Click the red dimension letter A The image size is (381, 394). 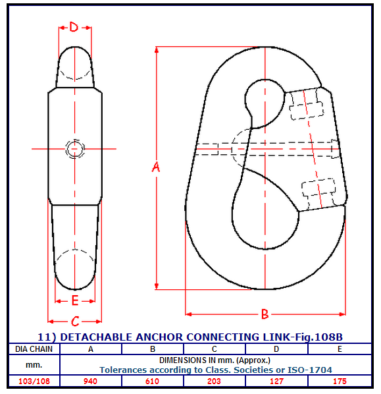tap(156, 167)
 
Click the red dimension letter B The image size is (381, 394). tap(265, 314)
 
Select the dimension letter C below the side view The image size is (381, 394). tap(75, 322)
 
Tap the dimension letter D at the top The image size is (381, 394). tap(74, 27)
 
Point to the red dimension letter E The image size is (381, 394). tap(75, 300)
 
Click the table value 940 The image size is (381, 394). tap(90, 381)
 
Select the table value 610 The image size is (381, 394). tap(152, 381)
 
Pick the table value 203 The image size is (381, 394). tap(214, 381)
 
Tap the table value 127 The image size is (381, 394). tap(276, 381)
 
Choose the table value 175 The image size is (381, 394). tap(340, 381)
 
